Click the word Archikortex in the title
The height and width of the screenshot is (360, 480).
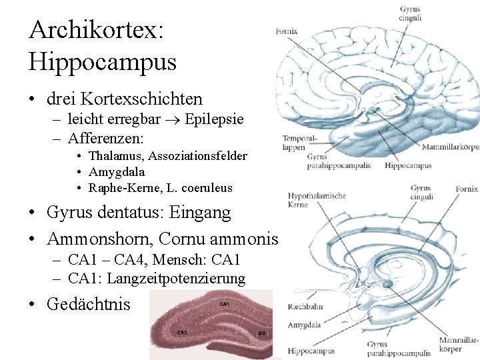point(93,29)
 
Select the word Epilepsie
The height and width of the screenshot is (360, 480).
point(214,120)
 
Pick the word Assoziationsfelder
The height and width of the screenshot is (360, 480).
point(197,156)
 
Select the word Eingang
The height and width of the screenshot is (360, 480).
point(201,213)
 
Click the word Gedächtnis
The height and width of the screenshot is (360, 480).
point(89,304)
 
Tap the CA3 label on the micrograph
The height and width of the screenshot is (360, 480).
point(181,331)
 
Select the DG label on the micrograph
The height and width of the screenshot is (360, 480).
point(262,332)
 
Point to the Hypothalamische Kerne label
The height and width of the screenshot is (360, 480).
point(316,200)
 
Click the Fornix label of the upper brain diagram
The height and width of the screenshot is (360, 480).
point(286,31)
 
